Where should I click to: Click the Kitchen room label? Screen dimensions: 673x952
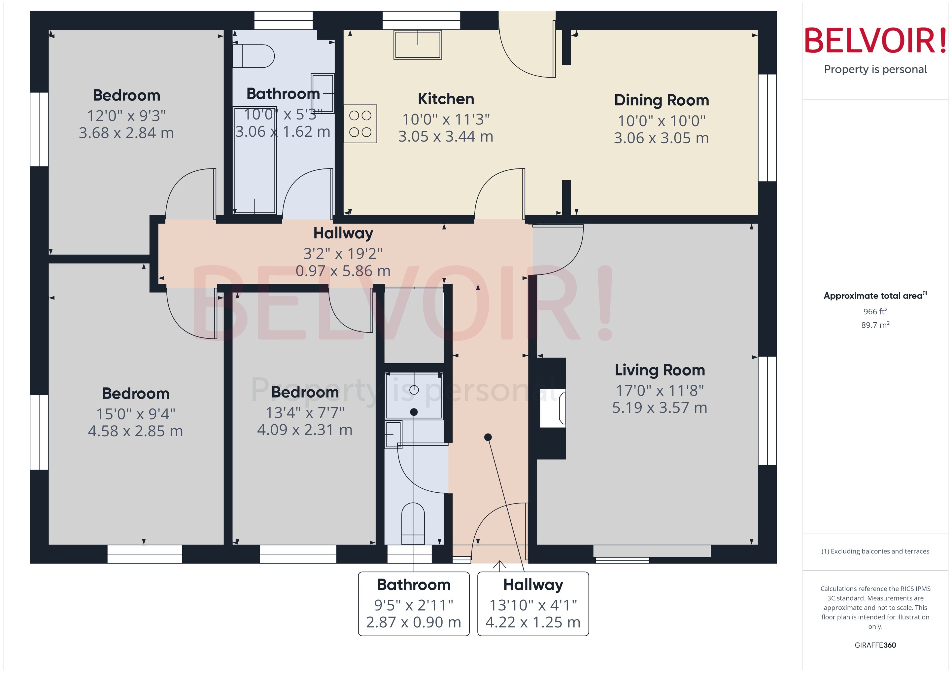446,99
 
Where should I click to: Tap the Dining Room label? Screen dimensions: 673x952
661,100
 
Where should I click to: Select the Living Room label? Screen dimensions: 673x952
660,370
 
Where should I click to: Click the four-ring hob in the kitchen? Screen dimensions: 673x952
360,124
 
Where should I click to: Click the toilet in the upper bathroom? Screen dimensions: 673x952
253,56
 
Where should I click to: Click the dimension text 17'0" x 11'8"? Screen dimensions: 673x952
660,390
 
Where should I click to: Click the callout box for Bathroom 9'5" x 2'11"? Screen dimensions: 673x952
413,603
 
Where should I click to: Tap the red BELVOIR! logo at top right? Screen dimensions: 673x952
875,40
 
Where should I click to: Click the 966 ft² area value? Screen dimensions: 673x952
875,311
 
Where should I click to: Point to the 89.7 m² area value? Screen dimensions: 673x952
875,325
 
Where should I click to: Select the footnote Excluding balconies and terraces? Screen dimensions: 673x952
875,551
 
